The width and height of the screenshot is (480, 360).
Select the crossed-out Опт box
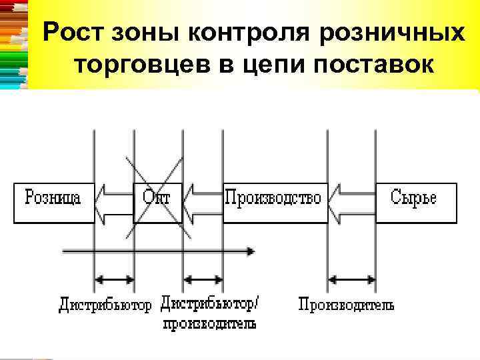(157, 201)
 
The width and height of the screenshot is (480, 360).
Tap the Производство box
(274, 201)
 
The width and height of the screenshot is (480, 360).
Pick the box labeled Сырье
(416, 201)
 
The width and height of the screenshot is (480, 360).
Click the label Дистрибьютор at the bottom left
(105, 305)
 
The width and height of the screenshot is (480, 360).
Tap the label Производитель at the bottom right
(345, 305)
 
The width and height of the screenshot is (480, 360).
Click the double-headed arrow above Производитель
(351, 279)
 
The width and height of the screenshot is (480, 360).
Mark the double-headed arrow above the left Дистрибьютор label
(114, 279)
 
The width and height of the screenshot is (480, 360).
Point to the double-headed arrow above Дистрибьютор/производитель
(203, 279)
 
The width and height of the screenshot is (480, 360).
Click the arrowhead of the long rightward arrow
(250, 251)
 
